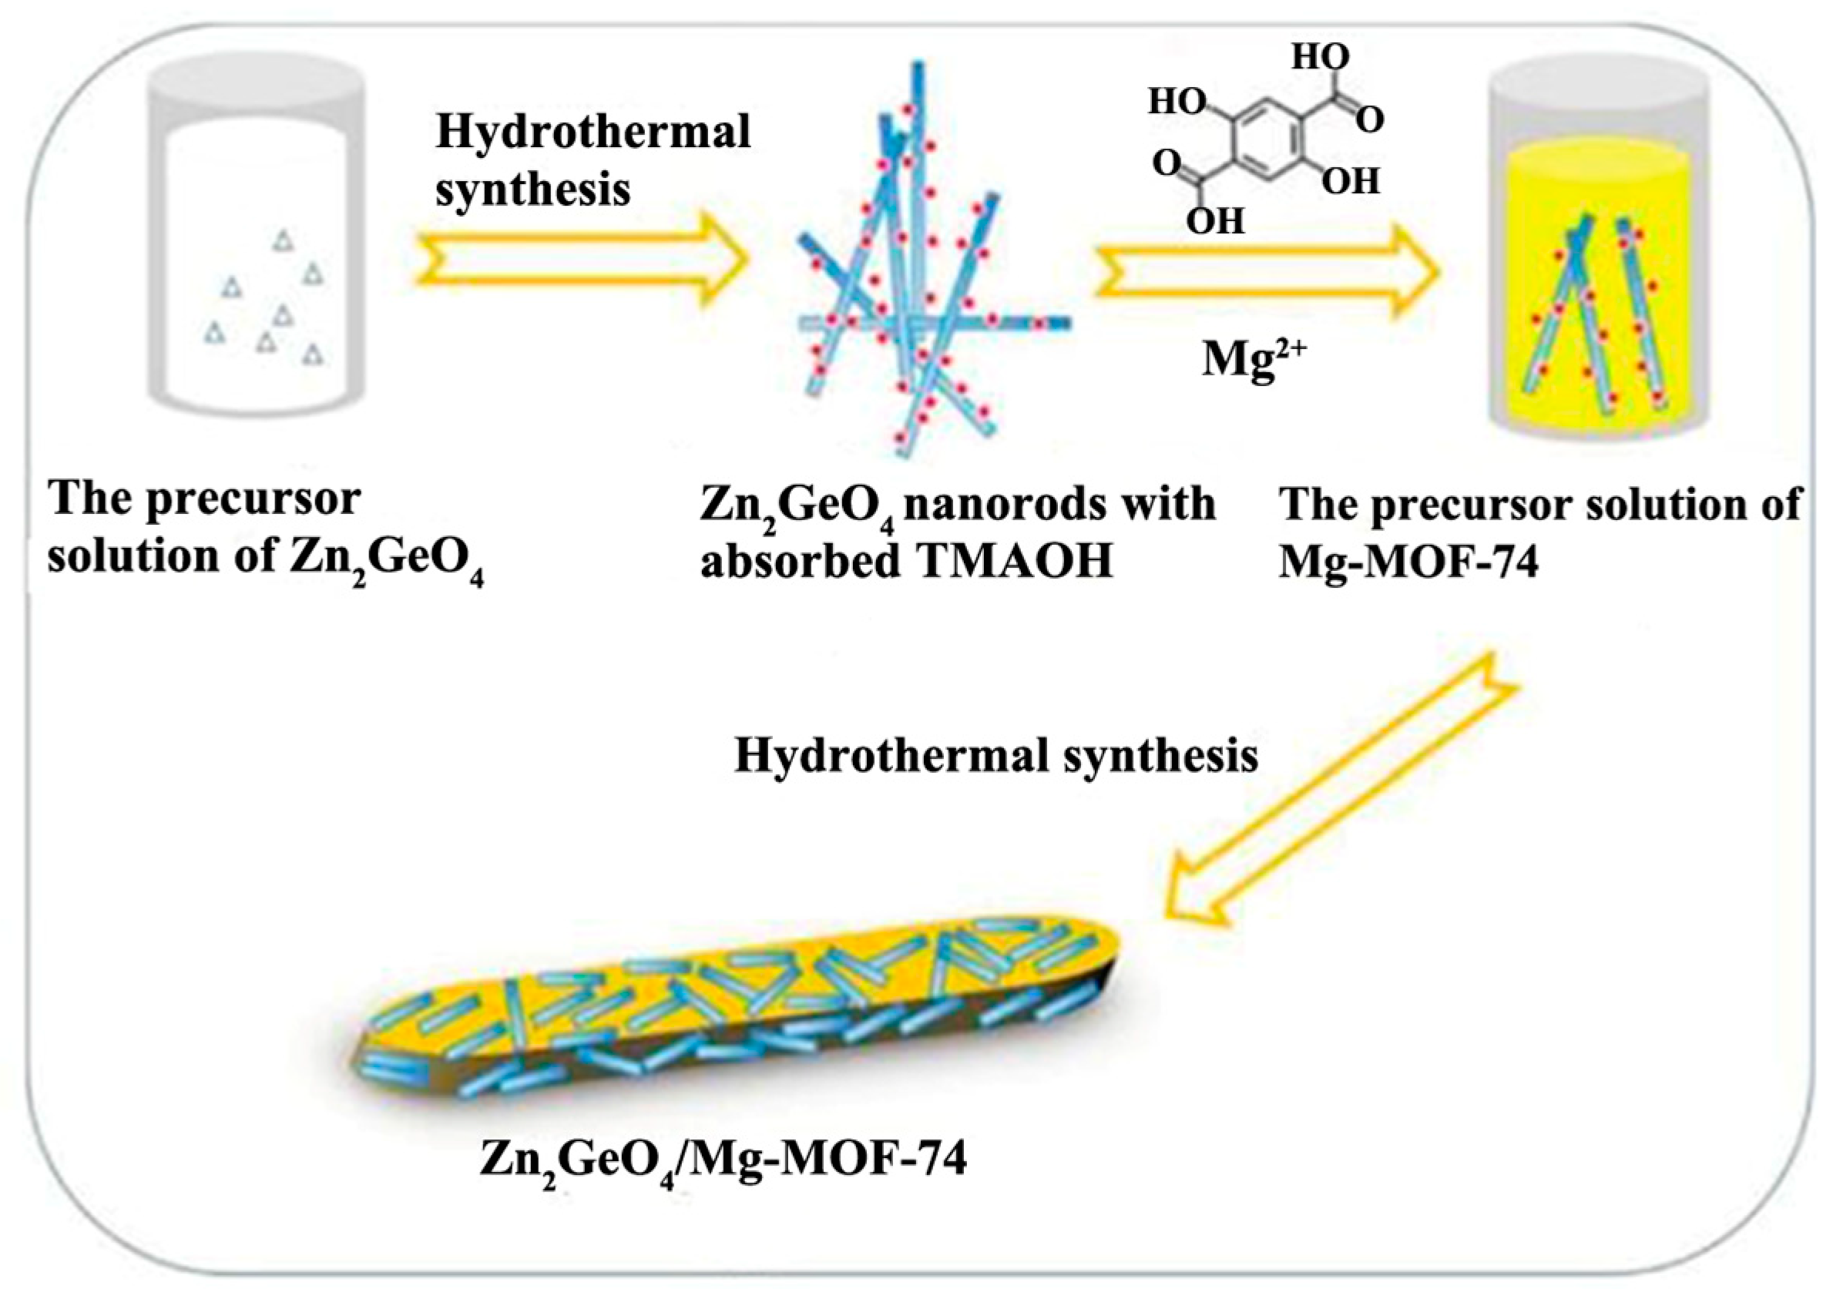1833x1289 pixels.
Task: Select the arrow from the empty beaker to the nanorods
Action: pos(581,259)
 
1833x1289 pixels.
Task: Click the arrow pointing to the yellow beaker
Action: pos(1264,271)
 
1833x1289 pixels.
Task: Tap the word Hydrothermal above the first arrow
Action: pos(593,133)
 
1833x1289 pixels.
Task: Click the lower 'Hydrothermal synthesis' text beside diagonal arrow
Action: pos(995,755)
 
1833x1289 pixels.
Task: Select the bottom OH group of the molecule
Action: pos(1215,221)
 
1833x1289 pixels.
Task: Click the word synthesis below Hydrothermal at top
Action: pos(532,190)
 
